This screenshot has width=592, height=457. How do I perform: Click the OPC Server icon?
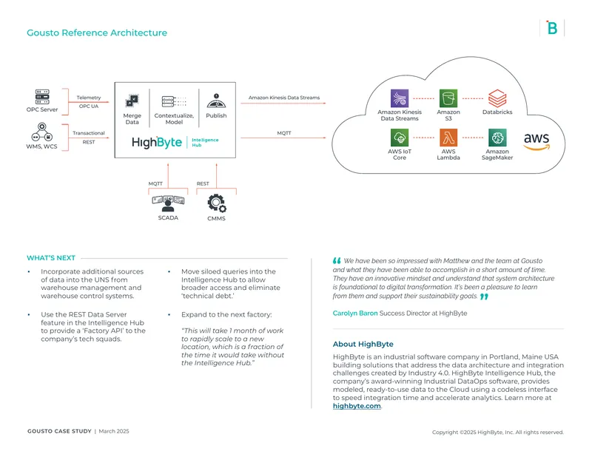tap(42, 97)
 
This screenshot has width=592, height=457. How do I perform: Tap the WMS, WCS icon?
tap(42, 132)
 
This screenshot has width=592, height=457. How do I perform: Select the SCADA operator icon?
tap(168, 204)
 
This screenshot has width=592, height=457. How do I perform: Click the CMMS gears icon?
tap(217, 203)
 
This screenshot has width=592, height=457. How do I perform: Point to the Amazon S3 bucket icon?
tap(448, 98)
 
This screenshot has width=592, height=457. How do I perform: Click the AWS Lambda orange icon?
tap(448, 138)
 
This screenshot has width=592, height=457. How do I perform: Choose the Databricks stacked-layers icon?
tap(497, 98)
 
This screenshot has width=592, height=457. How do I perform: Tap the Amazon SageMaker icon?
tap(497, 138)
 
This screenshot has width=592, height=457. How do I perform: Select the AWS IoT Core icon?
tap(400, 138)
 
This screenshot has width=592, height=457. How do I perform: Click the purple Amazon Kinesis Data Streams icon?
tap(400, 98)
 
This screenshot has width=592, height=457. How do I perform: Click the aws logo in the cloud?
tap(536, 141)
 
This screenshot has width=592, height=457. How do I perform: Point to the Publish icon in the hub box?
tap(216, 101)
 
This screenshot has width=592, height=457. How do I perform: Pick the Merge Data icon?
tap(132, 101)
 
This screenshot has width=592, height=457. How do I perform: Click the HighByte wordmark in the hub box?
tap(157, 142)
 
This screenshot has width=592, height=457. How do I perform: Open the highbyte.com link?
tap(357, 406)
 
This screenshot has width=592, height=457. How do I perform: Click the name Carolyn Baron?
tap(355, 314)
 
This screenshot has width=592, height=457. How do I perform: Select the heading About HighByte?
tap(363, 344)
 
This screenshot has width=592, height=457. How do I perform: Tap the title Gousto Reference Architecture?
tap(97, 33)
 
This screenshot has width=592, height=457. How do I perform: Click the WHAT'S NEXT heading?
tap(51, 258)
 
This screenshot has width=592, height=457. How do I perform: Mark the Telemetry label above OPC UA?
tap(89, 98)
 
